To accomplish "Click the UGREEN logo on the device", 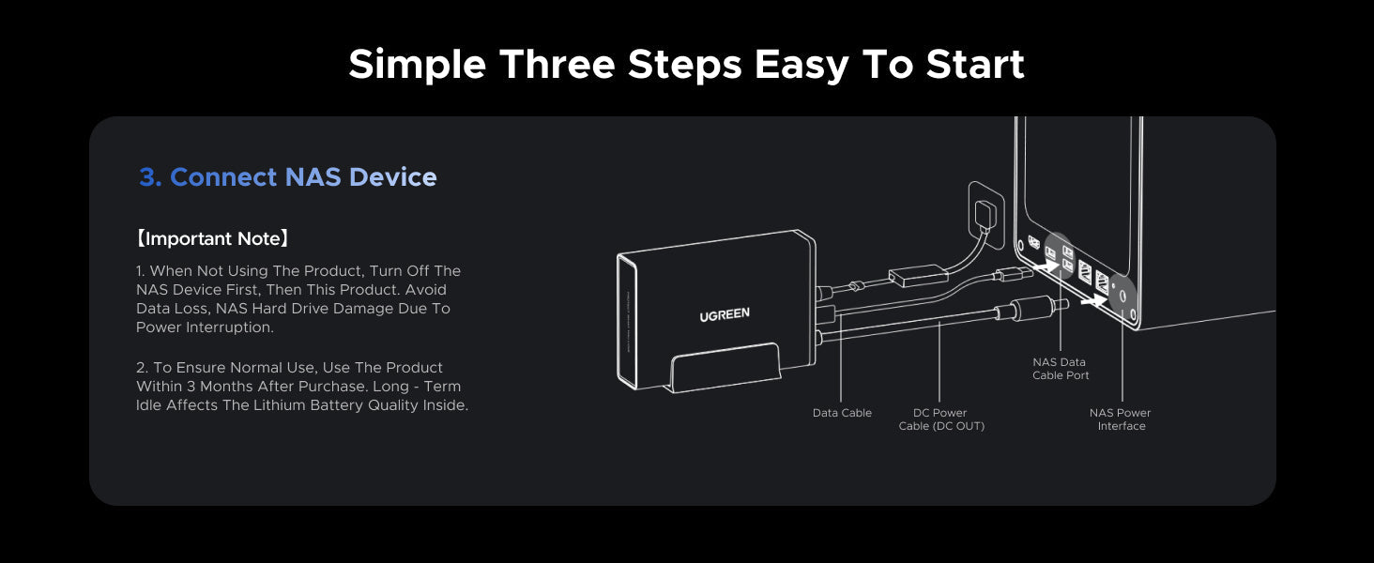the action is click(725, 314).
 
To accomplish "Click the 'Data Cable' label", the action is click(842, 413).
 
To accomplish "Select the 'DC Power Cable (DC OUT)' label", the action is click(941, 419).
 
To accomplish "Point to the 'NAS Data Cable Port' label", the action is click(1060, 369).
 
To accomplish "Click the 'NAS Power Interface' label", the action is click(1120, 419).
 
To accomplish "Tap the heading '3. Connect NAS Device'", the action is click(288, 177).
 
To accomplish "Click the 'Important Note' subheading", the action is click(212, 238).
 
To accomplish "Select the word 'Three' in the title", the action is click(557, 64).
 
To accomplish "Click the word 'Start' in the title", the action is click(975, 64).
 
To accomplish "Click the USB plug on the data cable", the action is click(1015, 273).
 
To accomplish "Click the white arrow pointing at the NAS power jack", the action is click(1094, 300).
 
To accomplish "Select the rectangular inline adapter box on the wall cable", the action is click(918, 275).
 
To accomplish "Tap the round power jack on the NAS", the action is click(1122, 297).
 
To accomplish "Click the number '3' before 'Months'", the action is click(191, 387).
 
